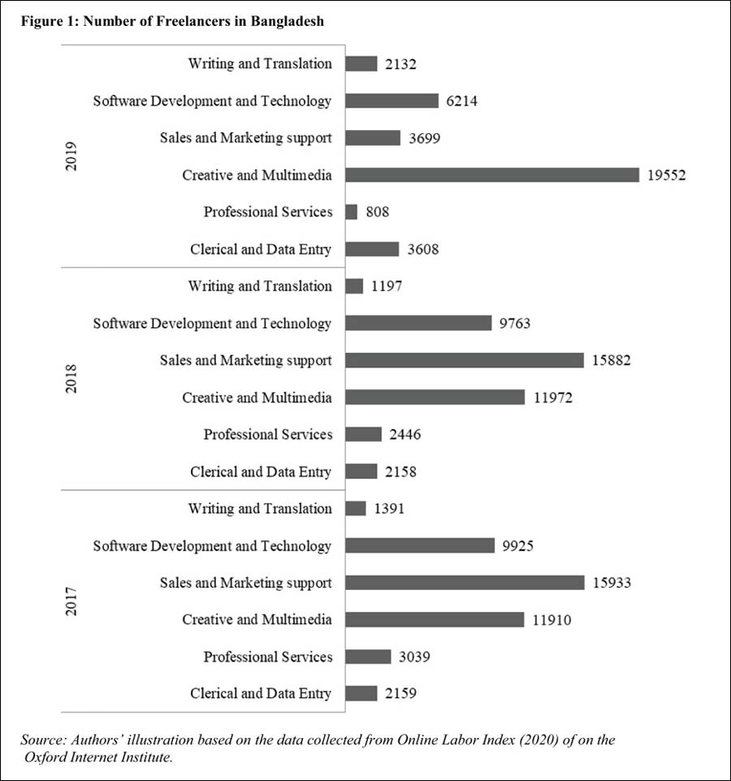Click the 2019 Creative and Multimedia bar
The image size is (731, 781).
click(x=493, y=175)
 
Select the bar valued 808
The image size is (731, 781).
click(x=352, y=212)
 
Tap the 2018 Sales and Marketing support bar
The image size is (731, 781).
click(x=465, y=360)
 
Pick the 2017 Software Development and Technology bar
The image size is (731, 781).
click(x=420, y=545)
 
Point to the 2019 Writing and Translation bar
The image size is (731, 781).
click(x=361, y=63)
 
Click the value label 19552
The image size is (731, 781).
click(x=668, y=175)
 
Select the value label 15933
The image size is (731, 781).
click(x=612, y=583)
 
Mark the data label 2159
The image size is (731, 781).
click(x=401, y=694)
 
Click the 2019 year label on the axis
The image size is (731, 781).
click(x=71, y=156)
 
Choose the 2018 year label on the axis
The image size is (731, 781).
click(x=71, y=379)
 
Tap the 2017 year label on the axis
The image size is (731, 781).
click(x=71, y=601)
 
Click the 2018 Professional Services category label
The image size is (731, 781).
click(x=267, y=434)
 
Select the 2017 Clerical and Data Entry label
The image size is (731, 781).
click(x=261, y=693)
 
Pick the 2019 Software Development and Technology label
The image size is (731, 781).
click(x=212, y=101)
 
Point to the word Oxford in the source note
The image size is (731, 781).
click(x=48, y=757)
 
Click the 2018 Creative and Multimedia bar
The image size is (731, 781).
click(x=435, y=397)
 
